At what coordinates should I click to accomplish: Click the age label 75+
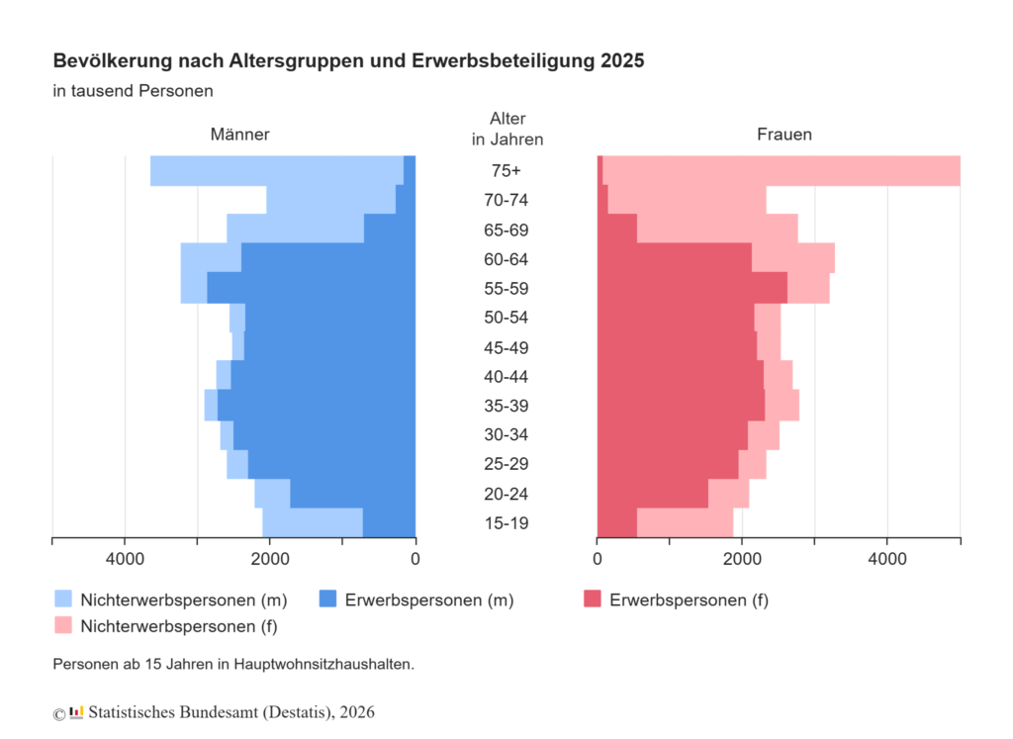(506, 170)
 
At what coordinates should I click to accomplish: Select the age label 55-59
(506, 288)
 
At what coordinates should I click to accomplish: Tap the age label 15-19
(506, 522)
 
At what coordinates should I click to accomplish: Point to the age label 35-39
(506, 406)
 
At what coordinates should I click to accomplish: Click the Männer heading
(239, 135)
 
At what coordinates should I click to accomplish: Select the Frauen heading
(784, 135)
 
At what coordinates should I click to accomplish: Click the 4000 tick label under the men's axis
(126, 559)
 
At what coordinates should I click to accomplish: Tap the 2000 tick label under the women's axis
(742, 559)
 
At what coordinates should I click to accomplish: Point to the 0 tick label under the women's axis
(597, 559)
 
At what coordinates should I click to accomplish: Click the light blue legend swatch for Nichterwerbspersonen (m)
(63, 599)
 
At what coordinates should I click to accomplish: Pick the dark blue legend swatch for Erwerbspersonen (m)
(328, 599)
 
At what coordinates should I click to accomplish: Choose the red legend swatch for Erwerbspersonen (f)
(593, 599)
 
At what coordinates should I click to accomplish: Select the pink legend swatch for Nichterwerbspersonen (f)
(63, 625)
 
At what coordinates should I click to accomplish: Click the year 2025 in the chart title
(622, 60)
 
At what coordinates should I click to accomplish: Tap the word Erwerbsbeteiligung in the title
(504, 61)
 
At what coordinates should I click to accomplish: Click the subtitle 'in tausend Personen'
(134, 90)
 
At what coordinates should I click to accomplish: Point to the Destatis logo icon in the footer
(76, 712)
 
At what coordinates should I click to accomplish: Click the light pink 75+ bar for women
(782, 170)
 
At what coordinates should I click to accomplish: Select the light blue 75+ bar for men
(277, 170)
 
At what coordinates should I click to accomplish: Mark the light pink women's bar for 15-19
(685, 522)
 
